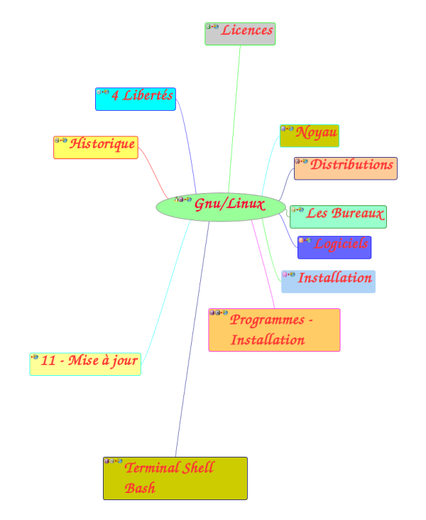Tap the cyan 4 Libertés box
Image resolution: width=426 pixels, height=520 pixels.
tap(135, 99)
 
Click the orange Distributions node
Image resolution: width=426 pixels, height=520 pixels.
tap(346, 168)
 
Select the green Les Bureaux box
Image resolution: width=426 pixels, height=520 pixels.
tap(339, 217)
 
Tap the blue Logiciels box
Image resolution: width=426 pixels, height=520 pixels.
tap(334, 247)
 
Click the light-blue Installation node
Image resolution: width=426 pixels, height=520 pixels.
tap(328, 281)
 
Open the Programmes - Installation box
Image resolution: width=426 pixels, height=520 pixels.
tap(274, 330)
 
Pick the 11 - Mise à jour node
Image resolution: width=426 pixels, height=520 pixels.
tap(85, 364)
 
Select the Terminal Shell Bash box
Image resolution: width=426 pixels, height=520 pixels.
tap(175, 478)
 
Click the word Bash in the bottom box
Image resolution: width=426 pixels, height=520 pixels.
tap(140, 489)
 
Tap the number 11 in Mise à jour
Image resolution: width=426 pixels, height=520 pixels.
tap(48, 361)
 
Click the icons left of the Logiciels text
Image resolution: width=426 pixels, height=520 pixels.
tap(305, 241)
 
